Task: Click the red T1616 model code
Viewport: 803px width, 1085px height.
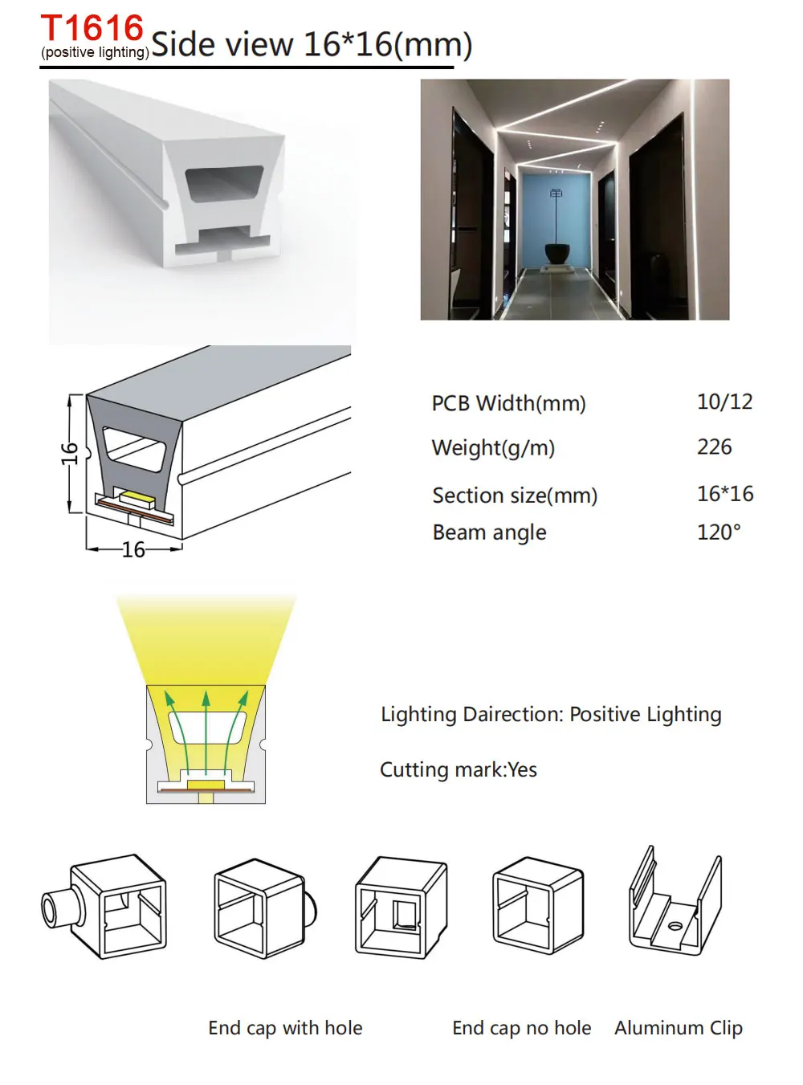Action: click(x=92, y=29)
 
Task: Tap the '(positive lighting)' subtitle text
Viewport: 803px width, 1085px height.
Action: click(x=95, y=53)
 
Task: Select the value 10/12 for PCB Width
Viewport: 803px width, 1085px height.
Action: click(x=724, y=402)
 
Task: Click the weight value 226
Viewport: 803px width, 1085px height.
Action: click(x=714, y=447)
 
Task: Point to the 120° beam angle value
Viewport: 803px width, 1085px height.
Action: click(x=719, y=532)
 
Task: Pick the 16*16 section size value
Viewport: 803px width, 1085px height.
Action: click(x=724, y=494)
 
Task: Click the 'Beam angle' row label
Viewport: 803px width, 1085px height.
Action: click(x=489, y=532)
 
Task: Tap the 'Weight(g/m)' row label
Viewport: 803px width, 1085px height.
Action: click(x=493, y=448)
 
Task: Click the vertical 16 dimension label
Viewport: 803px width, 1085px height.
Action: click(x=70, y=453)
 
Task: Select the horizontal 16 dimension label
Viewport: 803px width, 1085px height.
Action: click(x=133, y=549)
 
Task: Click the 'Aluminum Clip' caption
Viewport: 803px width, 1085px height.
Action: click(x=678, y=1028)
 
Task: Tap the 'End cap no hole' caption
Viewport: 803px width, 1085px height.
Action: click(x=521, y=1028)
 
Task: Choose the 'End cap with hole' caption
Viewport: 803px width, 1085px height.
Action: click(x=285, y=1028)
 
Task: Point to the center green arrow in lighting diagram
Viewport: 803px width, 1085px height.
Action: click(x=206, y=731)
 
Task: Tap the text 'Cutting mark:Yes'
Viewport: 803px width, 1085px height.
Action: click(x=458, y=770)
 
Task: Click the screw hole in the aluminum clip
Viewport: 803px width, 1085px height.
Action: click(x=675, y=926)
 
